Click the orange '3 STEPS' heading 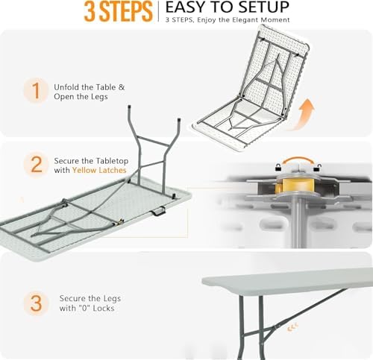[118, 11]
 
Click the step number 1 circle [36, 90]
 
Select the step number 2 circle [37, 164]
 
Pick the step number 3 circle [36, 303]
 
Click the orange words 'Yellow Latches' [99, 170]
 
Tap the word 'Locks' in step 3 [104, 309]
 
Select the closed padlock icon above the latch [316, 168]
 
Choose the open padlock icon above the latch [279, 167]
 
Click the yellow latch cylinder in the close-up [298, 185]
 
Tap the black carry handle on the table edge [157, 211]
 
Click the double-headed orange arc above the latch [298, 159]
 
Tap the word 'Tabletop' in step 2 [112, 161]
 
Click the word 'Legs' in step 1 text [99, 97]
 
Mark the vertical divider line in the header [158, 12]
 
